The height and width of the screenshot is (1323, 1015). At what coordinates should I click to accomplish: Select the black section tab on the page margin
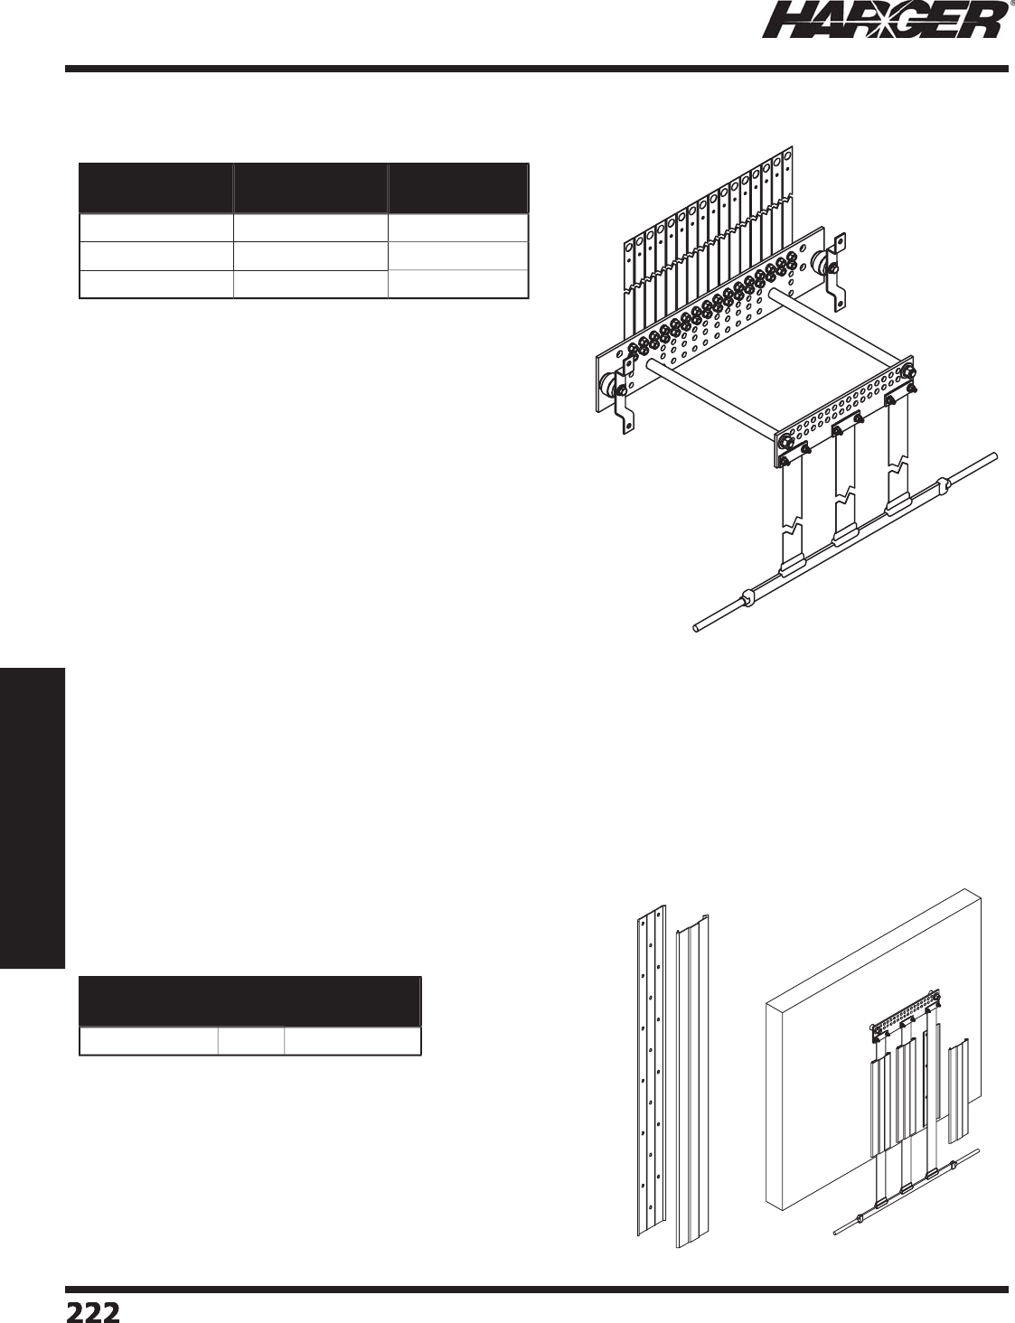(33, 818)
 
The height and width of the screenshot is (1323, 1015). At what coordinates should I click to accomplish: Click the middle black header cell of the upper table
(309, 188)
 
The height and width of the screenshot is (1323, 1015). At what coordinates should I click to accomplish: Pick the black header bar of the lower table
(250, 1000)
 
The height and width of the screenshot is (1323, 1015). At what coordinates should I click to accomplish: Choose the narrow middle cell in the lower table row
(251, 1041)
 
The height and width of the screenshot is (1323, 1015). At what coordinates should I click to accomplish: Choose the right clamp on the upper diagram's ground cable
(941, 485)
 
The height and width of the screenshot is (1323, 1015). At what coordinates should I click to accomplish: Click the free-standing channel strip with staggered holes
(651, 1071)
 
